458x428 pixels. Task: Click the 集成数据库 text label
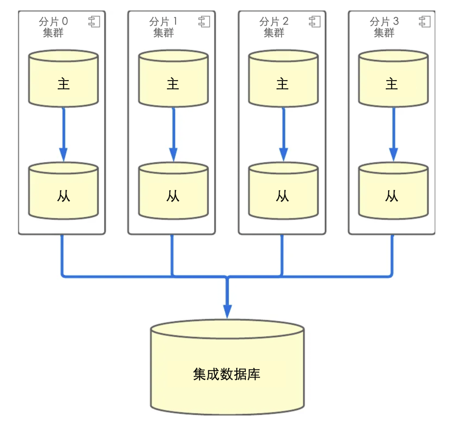[226, 374]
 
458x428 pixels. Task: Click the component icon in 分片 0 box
[94, 22]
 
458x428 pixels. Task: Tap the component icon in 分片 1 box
[204, 22]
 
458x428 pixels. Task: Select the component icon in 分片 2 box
[315, 22]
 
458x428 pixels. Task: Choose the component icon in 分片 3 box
[425, 22]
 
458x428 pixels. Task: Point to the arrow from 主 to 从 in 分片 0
[63, 134]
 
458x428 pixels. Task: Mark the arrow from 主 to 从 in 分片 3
[393, 134]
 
